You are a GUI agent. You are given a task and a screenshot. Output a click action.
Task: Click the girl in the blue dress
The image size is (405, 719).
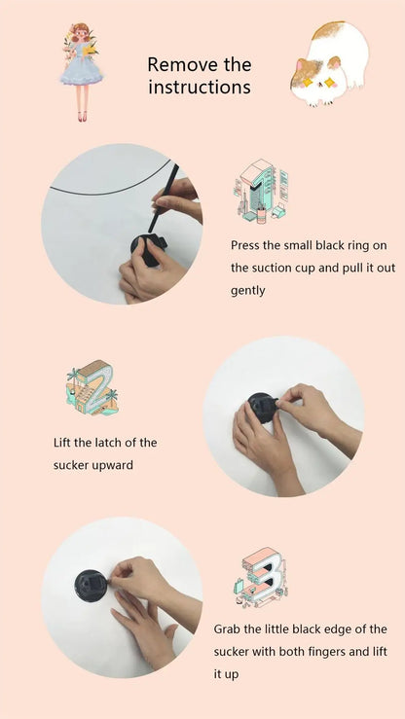(x=81, y=72)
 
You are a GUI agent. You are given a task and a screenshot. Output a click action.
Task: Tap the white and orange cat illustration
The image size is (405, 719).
(x=329, y=63)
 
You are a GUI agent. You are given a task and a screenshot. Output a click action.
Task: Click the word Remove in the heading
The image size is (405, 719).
(x=182, y=64)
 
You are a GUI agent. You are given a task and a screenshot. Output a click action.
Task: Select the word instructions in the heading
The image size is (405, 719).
(x=200, y=88)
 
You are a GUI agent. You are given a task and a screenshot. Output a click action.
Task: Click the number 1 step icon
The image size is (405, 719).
(x=261, y=191)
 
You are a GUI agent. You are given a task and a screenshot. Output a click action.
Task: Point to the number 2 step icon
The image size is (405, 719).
(x=92, y=387)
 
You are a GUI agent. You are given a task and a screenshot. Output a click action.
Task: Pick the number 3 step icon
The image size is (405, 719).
(x=260, y=577)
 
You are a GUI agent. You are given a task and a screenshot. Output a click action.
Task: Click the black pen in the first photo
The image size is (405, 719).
(x=163, y=198)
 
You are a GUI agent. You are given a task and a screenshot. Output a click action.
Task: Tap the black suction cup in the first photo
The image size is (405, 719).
(x=148, y=250)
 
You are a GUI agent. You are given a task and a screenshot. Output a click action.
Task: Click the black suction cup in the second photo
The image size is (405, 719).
(x=262, y=408)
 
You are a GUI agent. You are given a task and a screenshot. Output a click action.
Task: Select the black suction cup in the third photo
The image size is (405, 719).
(x=91, y=586)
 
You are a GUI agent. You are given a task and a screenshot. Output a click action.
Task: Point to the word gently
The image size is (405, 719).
(x=247, y=291)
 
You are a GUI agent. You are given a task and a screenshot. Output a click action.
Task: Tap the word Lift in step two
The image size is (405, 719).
(x=61, y=443)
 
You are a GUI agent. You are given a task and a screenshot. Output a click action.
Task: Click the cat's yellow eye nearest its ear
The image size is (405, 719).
(x=330, y=83)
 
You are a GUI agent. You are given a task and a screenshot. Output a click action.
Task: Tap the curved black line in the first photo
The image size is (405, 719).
(x=110, y=189)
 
